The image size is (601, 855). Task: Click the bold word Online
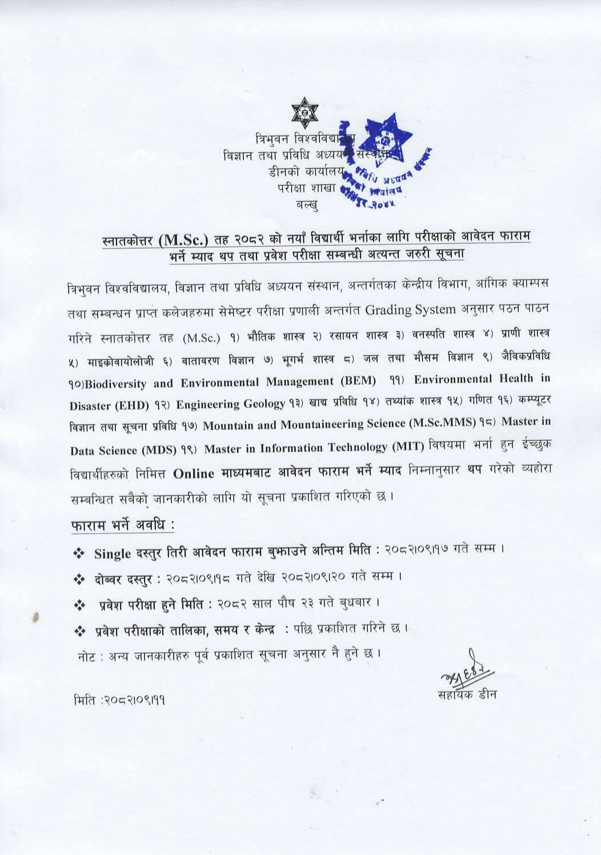coord(194,474)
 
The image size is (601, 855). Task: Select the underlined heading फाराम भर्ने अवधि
coord(122,524)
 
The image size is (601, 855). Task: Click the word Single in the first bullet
coord(112,553)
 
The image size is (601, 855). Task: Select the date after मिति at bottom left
coord(137,699)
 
